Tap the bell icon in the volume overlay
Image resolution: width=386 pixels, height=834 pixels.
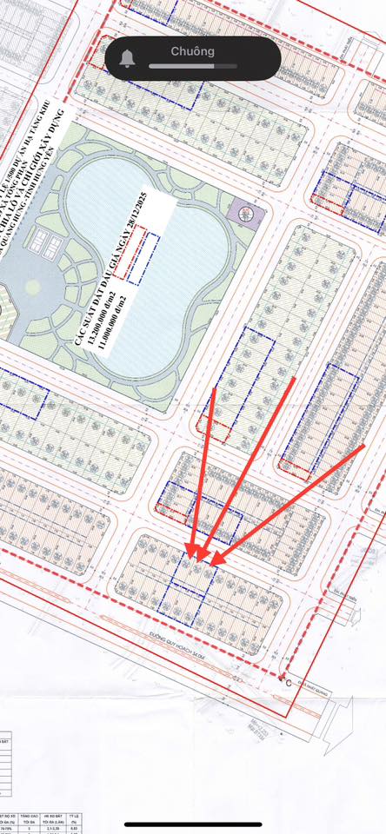[x=128, y=58]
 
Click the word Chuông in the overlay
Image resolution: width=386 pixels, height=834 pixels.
[x=192, y=51]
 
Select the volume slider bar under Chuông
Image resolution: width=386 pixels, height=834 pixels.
[x=183, y=66]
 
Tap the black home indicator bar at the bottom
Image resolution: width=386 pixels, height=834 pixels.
[x=192, y=824]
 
